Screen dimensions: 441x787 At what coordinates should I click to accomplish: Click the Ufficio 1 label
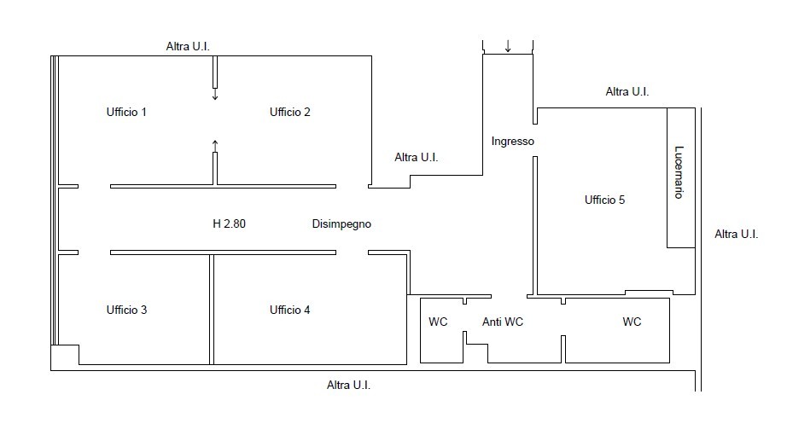point(126,112)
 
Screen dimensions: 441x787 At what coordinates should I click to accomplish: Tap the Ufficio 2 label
point(290,112)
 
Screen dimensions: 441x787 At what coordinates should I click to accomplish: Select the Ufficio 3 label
point(126,310)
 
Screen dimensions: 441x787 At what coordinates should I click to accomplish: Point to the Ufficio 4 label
point(290,310)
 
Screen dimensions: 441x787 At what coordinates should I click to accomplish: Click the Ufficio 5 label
point(605,200)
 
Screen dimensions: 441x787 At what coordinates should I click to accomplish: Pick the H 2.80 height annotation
point(230,224)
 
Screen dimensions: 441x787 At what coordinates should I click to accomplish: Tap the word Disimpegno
point(341,224)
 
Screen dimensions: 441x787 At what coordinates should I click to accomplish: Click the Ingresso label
point(513,141)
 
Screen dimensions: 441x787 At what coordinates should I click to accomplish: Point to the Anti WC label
point(503,322)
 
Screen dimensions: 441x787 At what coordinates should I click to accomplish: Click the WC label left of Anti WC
point(438,322)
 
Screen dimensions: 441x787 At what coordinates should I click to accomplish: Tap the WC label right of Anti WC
point(632,322)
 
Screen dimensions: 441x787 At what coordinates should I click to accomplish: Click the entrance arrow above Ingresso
point(508,45)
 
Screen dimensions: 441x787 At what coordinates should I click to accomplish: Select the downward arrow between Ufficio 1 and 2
point(215,95)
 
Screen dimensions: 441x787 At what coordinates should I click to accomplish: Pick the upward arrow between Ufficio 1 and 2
point(215,144)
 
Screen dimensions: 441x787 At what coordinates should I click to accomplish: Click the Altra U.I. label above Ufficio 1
point(188,46)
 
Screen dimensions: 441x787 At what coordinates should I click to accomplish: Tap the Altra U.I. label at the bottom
point(349,385)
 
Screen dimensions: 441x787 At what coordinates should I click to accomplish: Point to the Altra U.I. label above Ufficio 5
point(627,91)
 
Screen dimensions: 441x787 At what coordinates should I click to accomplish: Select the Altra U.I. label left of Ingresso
point(417,157)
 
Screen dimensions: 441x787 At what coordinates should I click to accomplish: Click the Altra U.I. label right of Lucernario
point(736,234)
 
